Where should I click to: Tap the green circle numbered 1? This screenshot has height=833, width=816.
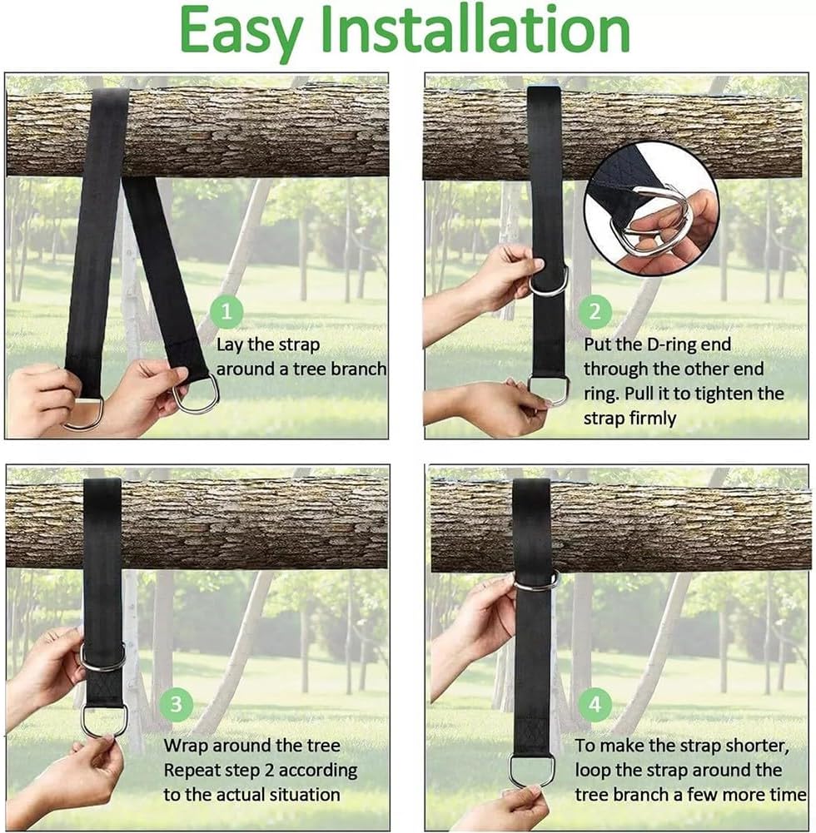(226, 311)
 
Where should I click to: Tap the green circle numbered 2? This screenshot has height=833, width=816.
(595, 311)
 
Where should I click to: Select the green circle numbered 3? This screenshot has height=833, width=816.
(176, 705)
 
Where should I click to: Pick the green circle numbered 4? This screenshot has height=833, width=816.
(595, 705)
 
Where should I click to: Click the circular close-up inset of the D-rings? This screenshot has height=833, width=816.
(651, 208)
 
